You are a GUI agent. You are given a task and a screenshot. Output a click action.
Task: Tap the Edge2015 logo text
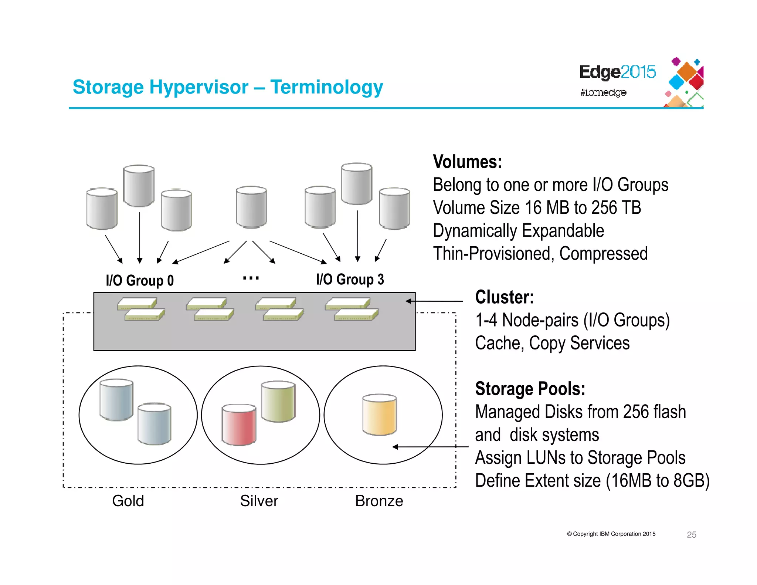pos(617,72)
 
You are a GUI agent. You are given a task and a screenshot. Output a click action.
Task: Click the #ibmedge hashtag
pos(603,92)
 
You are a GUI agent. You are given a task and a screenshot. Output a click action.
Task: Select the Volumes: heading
pos(467,162)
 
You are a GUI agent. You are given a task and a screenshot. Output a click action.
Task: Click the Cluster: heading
pos(504,297)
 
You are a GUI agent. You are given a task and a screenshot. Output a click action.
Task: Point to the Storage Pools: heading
pos(530,389)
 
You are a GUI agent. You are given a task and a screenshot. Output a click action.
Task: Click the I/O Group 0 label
pos(139,281)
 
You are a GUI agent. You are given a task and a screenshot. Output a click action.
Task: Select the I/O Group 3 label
pos(350,280)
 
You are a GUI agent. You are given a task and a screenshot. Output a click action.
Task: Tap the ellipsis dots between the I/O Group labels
pos(251,278)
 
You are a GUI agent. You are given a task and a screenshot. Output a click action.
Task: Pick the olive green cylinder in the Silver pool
pos(278,401)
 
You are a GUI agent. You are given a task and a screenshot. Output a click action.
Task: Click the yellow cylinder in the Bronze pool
pos(379,415)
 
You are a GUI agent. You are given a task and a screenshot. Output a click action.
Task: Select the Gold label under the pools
pos(128,501)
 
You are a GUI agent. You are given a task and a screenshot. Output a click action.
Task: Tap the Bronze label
pos(379,501)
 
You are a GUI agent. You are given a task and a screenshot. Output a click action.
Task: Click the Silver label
pos(259,501)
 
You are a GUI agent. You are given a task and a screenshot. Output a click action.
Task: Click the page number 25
pos(691,534)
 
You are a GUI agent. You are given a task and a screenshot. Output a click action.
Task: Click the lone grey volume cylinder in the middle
pos(251,207)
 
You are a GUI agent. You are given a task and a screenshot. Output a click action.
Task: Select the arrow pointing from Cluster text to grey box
pos(434,301)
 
